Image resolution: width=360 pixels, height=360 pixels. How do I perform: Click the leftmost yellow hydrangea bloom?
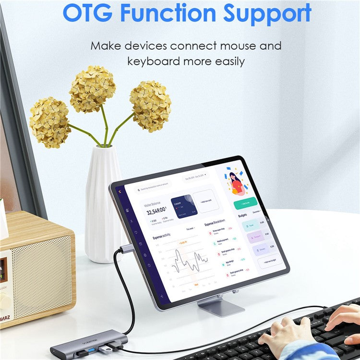click(x=50, y=122)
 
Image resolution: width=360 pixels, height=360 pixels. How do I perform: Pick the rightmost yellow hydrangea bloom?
click(x=150, y=106)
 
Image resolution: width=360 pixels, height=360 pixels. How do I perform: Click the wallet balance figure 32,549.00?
click(x=156, y=210)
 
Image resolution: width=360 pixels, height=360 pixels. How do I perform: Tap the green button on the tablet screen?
click(x=245, y=203)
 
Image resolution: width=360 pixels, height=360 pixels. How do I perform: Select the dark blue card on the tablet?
click(x=184, y=206)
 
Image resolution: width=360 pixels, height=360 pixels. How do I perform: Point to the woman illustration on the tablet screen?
click(x=237, y=182)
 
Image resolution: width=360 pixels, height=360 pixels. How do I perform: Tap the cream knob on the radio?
click(x=4, y=301)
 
